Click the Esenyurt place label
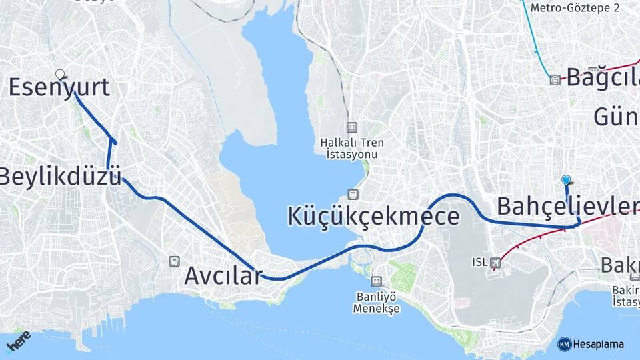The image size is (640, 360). [59, 88]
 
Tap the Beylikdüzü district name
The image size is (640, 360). [61, 177]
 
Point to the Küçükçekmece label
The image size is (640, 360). [373, 217]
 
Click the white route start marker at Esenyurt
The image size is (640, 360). [60, 74]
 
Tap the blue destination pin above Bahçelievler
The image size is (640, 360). [566, 179]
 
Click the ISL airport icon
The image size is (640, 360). [495, 263]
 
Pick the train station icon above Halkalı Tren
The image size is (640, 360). [351, 127]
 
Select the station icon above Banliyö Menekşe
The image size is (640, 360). [377, 281]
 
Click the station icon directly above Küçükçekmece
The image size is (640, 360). [351, 195]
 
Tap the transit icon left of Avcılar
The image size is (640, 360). [175, 261]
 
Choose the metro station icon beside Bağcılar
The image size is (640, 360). [555, 80]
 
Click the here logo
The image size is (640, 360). [18, 341]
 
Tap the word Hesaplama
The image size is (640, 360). [598, 344]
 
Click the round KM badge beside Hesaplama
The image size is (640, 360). [564, 344]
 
